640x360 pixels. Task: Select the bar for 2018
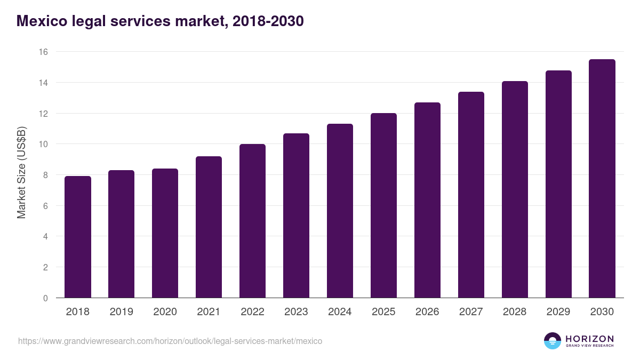(x=78, y=237)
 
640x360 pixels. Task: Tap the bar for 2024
(x=340, y=211)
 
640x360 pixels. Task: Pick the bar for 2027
(x=471, y=195)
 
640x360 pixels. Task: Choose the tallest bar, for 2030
(x=602, y=179)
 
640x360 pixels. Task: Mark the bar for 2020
(x=165, y=233)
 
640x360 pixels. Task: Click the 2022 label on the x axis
(x=252, y=312)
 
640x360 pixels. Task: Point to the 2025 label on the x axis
(x=383, y=312)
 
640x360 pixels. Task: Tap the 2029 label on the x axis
(x=558, y=312)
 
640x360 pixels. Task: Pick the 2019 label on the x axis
(x=122, y=312)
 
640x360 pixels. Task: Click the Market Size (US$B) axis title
(x=22, y=173)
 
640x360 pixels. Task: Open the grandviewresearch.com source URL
(x=170, y=341)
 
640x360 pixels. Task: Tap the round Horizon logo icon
(x=553, y=341)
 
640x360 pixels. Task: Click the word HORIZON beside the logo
(x=589, y=338)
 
